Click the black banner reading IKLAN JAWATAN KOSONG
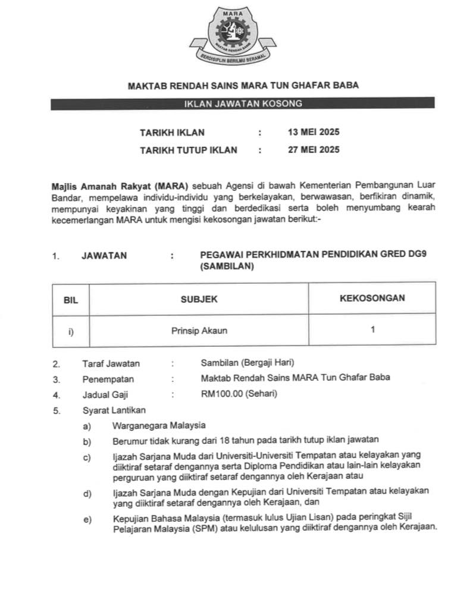[x=242, y=104]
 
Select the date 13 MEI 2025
[x=314, y=132]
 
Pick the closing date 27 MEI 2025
[x=314, y=150]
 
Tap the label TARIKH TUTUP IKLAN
[x=188, y=150]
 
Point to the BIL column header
[x=71, y=299]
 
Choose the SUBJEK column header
[x=199, y=299]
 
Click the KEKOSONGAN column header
[x=372, y=298]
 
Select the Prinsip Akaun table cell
[x=199, y=331]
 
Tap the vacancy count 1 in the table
[x=372, y=330]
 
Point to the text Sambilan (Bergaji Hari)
[x=248, y=363]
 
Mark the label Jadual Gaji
[x=105, y=394]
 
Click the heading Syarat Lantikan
[x=114, y=410]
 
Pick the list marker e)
[x=87, y=519]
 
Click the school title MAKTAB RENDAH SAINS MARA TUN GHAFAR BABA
[x=243, y=86]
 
